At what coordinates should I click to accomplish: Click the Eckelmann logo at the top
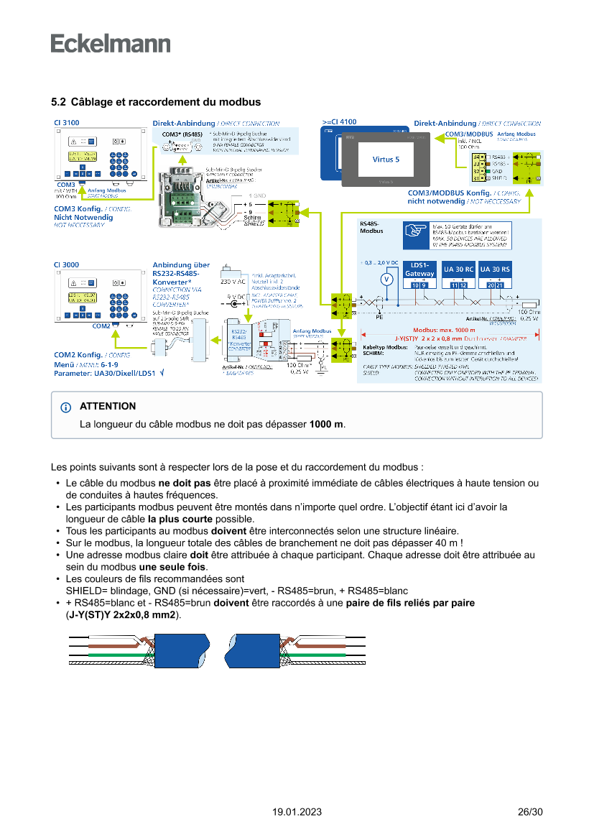(x=111, y=43)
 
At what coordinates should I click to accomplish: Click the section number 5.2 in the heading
(x=58, y=103)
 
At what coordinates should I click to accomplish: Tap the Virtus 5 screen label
(x=386, y=159)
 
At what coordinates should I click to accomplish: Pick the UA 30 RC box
(x=458, y=269)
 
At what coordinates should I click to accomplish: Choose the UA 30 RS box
(x=495, y=269)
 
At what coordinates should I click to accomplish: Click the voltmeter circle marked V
(x=386, y=279)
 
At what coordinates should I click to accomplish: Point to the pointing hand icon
(x=416, y=231)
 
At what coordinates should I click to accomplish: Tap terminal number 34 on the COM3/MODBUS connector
(x=476, y=157)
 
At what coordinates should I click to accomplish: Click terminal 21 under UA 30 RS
(x=499, y=286)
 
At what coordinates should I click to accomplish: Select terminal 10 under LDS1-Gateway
(x=415, y=286)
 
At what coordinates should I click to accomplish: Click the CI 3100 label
(x=67, y=123)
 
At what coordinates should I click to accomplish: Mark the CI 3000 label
(x=67, y=264)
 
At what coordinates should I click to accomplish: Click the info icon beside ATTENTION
(x=66, y=407)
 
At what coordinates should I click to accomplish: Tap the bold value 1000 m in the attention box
(x=326, y=425)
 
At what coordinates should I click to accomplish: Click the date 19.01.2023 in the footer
(x=297, y=812)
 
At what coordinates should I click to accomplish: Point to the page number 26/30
(x=530, y=812)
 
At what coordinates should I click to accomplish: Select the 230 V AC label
(x=233, y=281)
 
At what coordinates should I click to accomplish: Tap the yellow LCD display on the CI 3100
(x=83, y=157)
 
